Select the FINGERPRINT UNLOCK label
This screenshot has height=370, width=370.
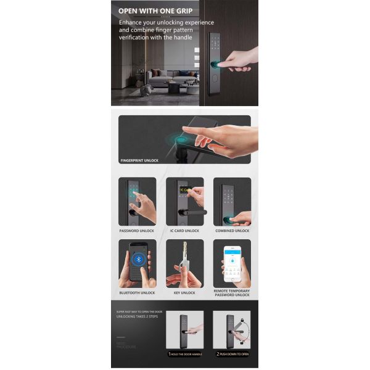click(x=139, y=160)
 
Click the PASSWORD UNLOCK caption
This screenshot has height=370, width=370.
click(x=137, y=231)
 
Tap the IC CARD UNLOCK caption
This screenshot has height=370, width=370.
click(x=184, y=231)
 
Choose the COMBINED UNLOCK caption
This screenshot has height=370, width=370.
click(x=232, y=231)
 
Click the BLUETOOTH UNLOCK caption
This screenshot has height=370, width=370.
click(x=137, y=292)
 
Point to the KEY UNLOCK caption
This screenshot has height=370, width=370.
click(x=184, y=292)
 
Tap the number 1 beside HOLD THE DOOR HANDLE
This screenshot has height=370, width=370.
click(x=169, y=355)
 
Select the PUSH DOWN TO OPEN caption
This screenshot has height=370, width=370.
click(x=234, y=355)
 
